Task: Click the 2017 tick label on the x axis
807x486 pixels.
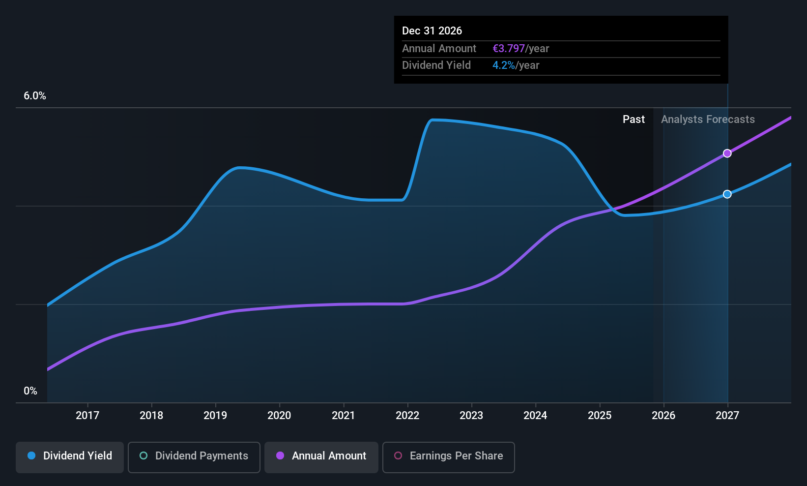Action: click(87, 415)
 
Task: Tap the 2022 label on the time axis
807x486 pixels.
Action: click(407, 415)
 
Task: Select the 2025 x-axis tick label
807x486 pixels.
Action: click(600, 415)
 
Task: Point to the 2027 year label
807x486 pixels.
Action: click(727, 415)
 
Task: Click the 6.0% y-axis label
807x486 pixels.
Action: click(35, 96)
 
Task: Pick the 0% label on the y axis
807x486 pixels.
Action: click(30, 391)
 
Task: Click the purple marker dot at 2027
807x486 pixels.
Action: click(727, 153)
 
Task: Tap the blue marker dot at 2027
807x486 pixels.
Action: click(727, 194)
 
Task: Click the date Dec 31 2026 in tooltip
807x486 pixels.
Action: click(432, 30)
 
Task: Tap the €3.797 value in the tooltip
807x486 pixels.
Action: click(509, 49)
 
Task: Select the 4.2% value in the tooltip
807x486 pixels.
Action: click(504, 65)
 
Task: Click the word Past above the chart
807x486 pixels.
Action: click(634, 120)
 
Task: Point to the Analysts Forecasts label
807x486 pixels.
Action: click(708, 120)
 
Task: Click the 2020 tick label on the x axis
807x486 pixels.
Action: click(279, 415)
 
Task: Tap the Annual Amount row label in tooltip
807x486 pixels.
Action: click(439, 49)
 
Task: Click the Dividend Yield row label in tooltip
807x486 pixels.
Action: click(436, 65)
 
